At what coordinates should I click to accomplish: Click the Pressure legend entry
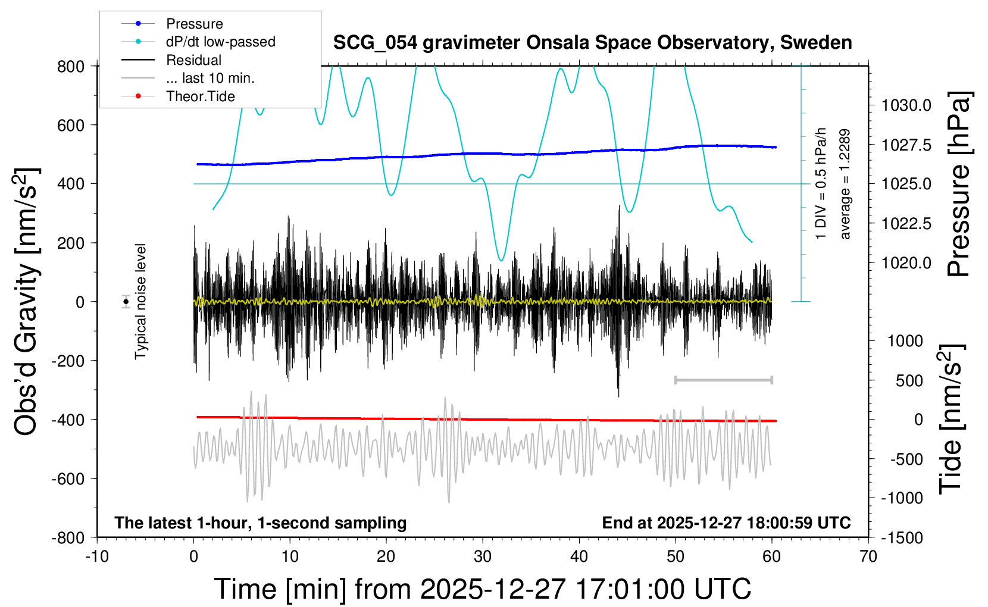click(194, 24)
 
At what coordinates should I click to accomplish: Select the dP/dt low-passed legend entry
click(220, 42)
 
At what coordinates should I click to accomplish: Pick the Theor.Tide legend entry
click(200, 96)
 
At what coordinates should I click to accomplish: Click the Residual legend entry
click(193, 60)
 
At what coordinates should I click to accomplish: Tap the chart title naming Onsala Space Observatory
click(592, 43)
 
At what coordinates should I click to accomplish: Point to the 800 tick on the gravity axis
click(71, 67)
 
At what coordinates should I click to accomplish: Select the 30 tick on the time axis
click(483, 557)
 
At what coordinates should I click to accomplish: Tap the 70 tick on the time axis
click(868, 557)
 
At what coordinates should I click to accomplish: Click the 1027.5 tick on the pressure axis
click(906, 145)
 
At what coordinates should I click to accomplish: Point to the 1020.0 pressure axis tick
click(906, 263)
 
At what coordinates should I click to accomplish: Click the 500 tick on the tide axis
click(909, 381)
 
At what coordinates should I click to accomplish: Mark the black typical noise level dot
click(126, 302)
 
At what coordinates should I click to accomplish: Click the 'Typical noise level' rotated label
click(140, 302)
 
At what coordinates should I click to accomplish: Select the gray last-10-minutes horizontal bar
click(723, 380)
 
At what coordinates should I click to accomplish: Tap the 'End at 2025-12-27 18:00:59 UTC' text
click(726, 523)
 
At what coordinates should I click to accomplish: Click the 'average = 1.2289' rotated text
click(845, 184)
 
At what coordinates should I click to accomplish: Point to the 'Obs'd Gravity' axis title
click(26, 302)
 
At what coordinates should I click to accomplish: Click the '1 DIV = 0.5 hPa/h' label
click(821, 183)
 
